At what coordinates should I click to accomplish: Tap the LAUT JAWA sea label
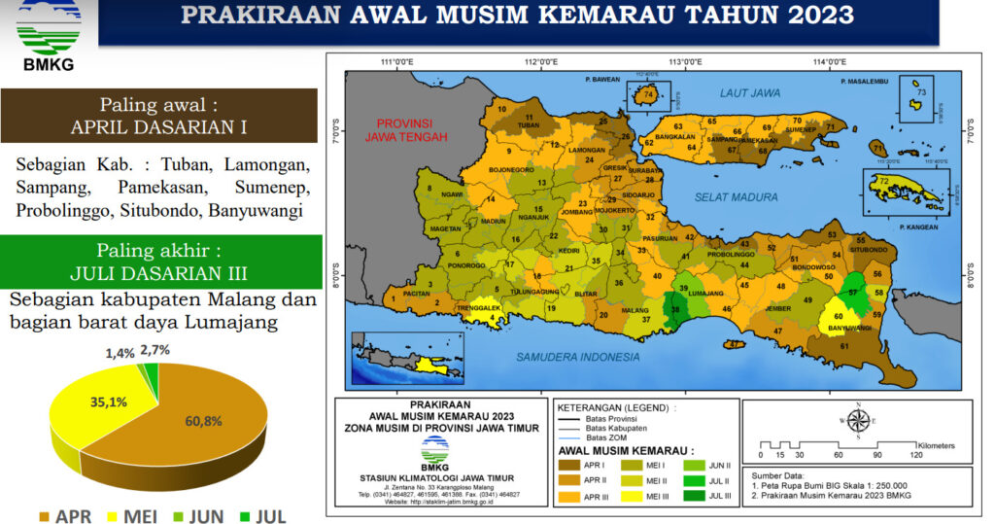click(750, 93)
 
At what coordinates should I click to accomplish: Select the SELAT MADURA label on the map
click(736, 197)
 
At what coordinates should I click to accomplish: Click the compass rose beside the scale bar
click(858, 421)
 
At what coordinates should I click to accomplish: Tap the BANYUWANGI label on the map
click(849, 328)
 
